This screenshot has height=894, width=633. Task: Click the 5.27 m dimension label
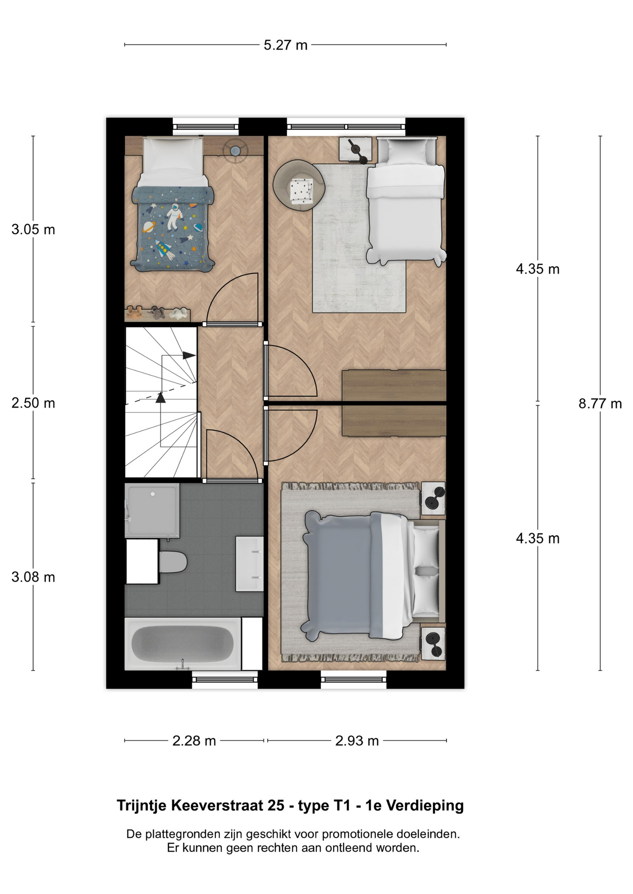285,45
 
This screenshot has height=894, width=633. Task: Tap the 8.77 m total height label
600,404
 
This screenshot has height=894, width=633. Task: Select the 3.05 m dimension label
33,230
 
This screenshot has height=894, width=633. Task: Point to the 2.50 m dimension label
33,403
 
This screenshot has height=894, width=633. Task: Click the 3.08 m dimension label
33,577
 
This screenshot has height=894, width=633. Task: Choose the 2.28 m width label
194,741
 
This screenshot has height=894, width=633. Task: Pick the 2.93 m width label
357,741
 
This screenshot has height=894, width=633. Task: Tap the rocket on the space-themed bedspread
163,251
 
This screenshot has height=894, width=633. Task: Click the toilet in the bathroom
172,562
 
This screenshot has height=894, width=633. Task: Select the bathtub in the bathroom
183,644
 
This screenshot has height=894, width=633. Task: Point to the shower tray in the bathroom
152,511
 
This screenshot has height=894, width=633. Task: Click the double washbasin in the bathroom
249,564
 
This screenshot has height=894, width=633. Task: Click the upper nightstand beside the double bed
433,499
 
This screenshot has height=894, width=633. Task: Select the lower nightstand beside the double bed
433,643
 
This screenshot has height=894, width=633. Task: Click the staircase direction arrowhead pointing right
189,355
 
